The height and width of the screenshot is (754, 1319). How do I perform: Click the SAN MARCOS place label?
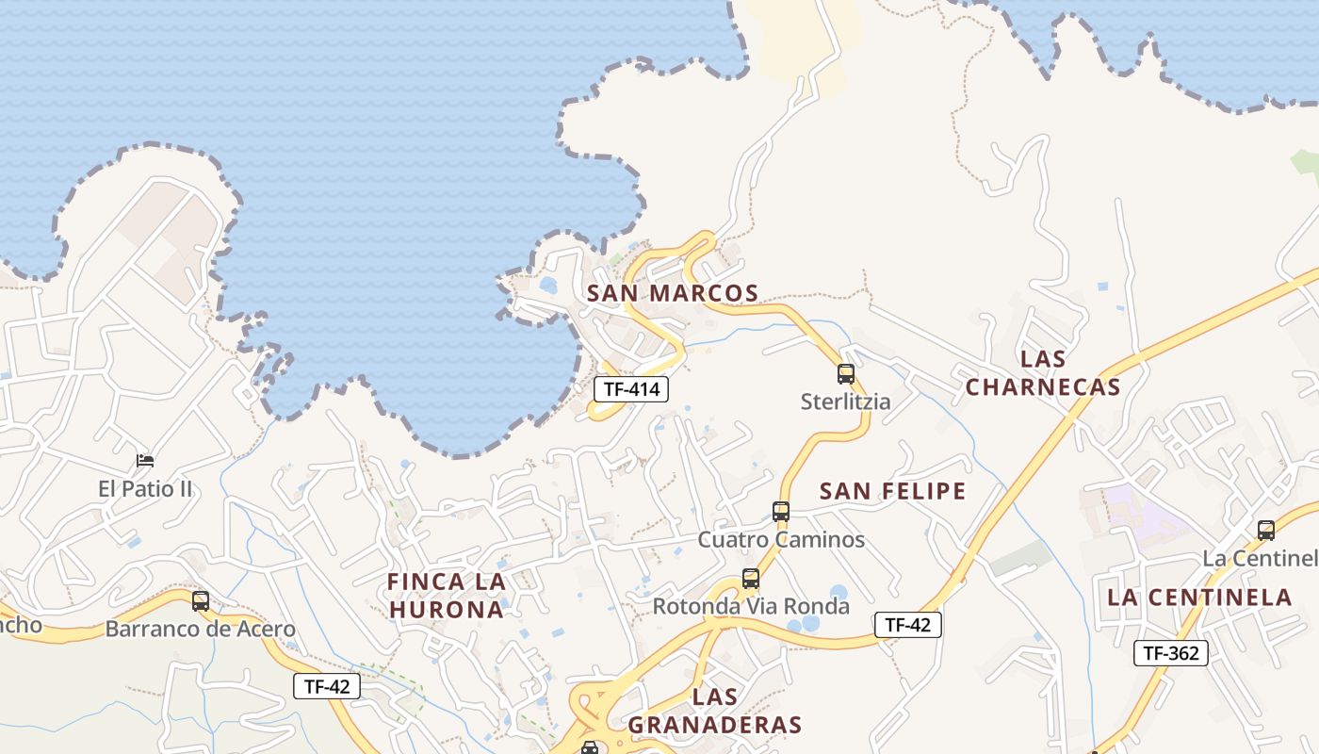click(673, 293)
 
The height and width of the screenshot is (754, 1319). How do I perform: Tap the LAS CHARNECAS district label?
click(1043, 373)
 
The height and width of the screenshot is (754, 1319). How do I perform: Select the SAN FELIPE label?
click(892, 491)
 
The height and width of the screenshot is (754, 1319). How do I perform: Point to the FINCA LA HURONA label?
click(447, 596)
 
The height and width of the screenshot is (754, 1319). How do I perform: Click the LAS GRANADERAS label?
click(714, 712)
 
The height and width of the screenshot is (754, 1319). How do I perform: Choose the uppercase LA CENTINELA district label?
click(1199, 597)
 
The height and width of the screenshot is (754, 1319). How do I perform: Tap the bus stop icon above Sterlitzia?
click(846, 374)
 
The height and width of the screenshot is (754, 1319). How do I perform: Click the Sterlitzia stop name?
click(845, 402)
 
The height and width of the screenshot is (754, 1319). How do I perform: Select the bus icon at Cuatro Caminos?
click(781, 512)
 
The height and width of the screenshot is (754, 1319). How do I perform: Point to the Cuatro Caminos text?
click(781, 540)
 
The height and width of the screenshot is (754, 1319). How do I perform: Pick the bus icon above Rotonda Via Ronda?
click(751, 579)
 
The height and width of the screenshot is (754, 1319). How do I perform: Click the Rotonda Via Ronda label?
click(751, 606)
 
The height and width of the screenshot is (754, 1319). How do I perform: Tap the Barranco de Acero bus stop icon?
click(201, 601)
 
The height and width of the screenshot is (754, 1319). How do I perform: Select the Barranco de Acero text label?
click(201, 629)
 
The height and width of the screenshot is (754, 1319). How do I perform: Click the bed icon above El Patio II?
click(145, 461)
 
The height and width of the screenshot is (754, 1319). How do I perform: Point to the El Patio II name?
click(145, 488)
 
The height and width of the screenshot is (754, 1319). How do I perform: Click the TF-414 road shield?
click(630, 388)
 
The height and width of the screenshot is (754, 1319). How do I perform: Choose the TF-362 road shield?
click(1170, 653)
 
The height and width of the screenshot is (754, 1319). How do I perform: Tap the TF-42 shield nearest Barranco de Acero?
click(327, 686)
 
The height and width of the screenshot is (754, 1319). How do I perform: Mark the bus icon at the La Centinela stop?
click(1266, 531)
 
